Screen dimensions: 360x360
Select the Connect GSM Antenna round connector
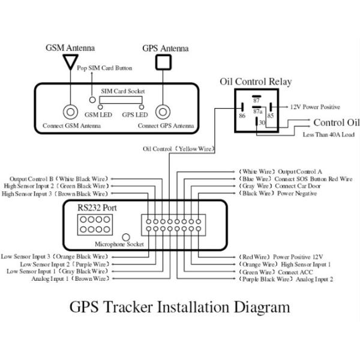pyautogui.click(x=71, y=112)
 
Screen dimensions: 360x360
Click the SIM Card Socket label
pyautogui.click(x=122, y=91)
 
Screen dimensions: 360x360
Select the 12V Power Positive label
pyautogui.click(x=314, y=107)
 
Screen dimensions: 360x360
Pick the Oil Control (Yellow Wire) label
pyautogui.click(x=179, y=149)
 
